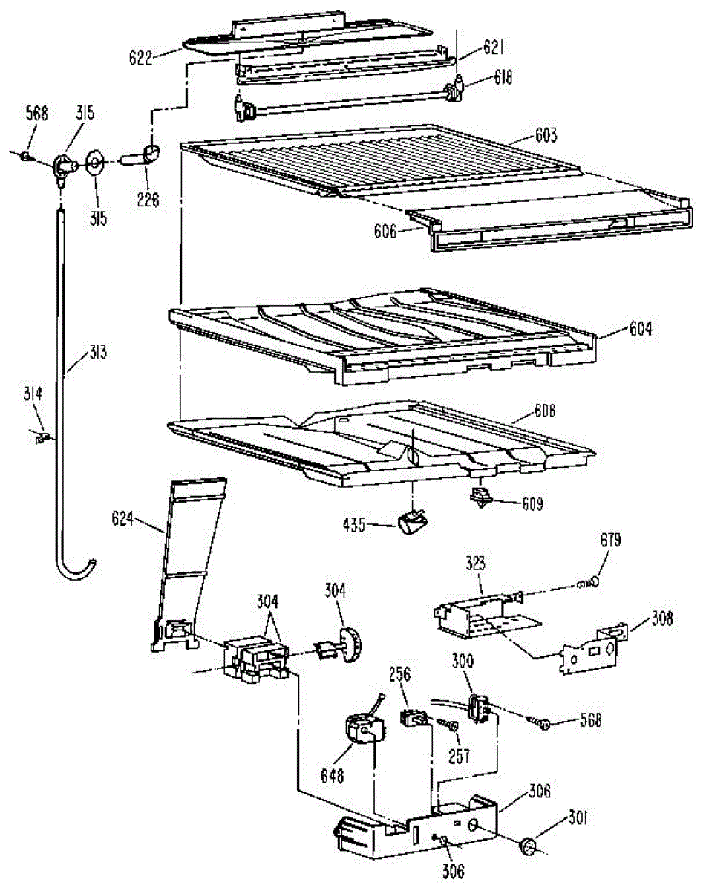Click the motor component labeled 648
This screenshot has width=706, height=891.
pyautogui.click(x=362, y=729)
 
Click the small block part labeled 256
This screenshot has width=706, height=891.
pyautogui.click(x=412, y=718)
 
